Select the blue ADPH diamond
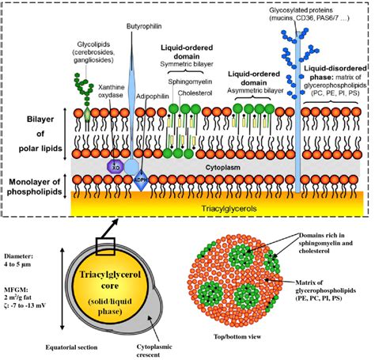click(x=142, y=176)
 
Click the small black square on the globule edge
click(x=106, y=245)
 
